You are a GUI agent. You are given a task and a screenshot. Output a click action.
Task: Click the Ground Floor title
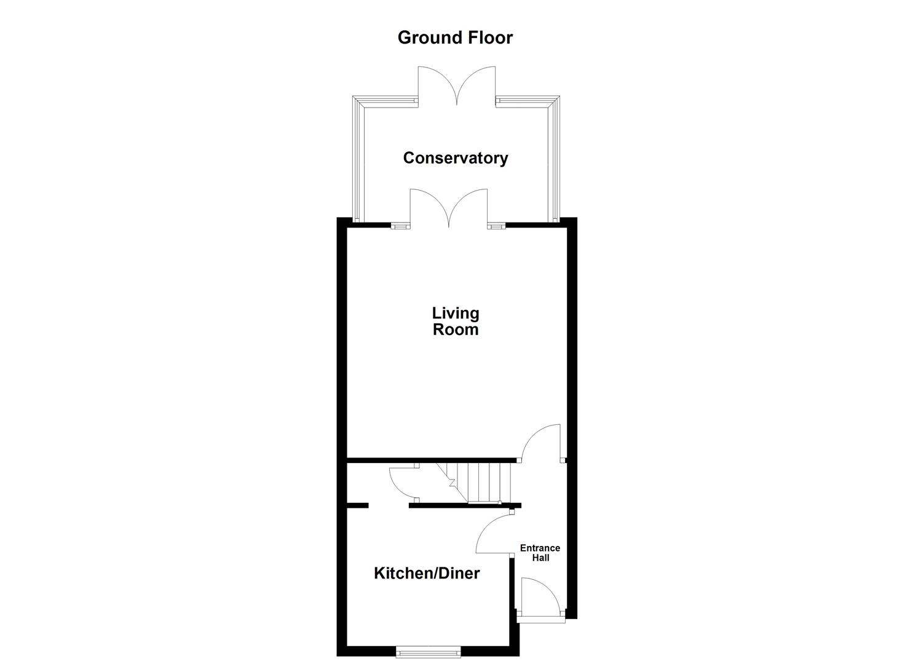point(455,38)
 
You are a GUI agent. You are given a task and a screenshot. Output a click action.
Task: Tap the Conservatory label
point(456,158)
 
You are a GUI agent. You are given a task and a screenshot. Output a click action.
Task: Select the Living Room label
point(456,322)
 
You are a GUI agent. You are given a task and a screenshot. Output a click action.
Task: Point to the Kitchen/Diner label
point(427,574)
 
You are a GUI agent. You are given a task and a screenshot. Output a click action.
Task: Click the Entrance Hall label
point(540,553)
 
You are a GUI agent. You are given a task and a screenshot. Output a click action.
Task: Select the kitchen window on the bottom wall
point(428,651)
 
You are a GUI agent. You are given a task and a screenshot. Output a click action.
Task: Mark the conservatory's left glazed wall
point(358,160)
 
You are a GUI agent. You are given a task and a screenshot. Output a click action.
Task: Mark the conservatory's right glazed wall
point(554,160)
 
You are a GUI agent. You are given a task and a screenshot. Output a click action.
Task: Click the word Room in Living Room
point(456,330)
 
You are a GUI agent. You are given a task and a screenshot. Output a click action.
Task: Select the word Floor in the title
point(489,38)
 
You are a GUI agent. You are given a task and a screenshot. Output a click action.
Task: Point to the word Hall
point(541,558)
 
